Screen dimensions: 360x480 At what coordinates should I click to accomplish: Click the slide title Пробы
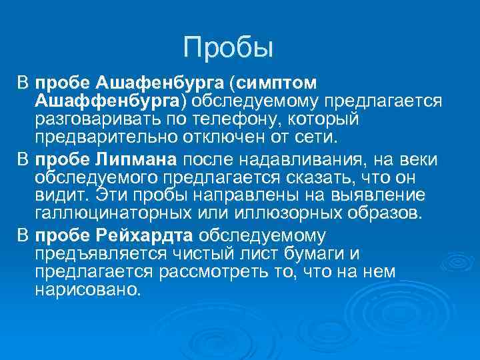pos(229,47)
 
